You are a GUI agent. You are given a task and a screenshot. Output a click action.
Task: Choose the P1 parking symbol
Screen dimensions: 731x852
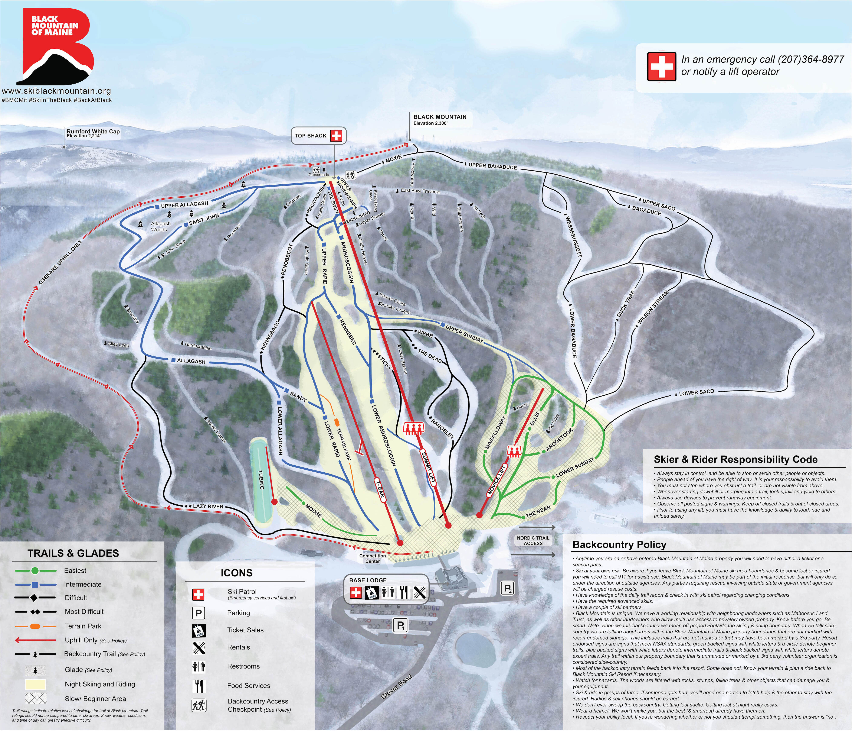(400, 626)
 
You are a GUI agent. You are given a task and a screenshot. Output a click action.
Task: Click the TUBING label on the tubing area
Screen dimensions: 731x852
(261, 479)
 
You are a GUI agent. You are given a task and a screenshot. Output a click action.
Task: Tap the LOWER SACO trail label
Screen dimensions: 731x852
(696, 393)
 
